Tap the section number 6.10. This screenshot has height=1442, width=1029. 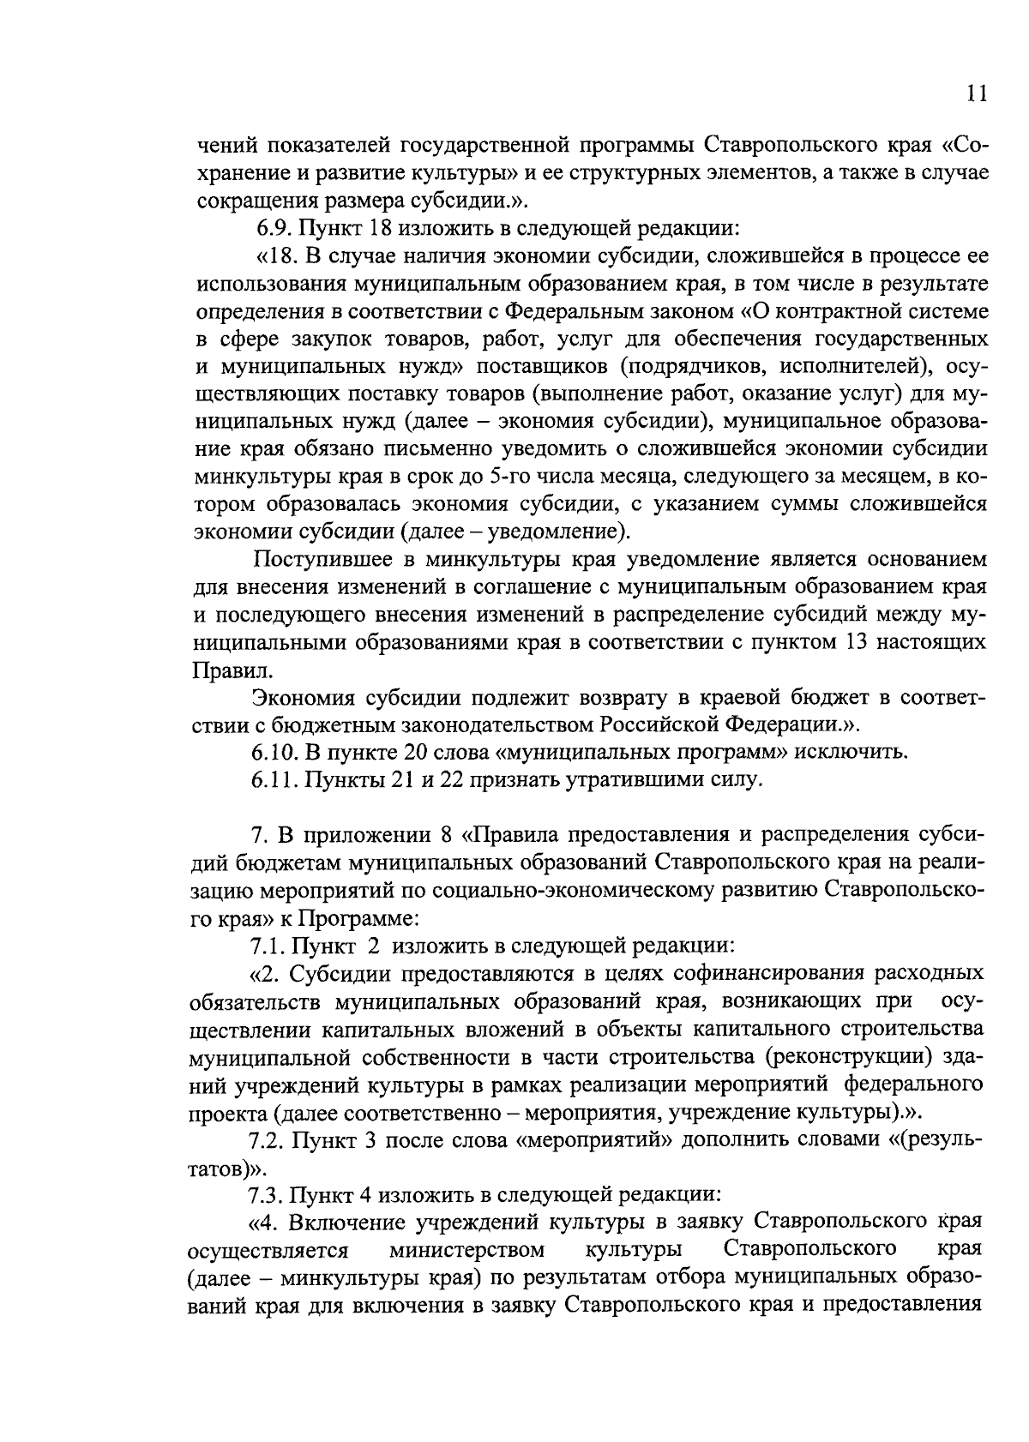(x=274, y=753)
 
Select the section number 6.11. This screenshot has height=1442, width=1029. (x=274, y=780)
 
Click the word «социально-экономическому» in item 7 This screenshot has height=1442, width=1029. (x=572, y=891)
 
